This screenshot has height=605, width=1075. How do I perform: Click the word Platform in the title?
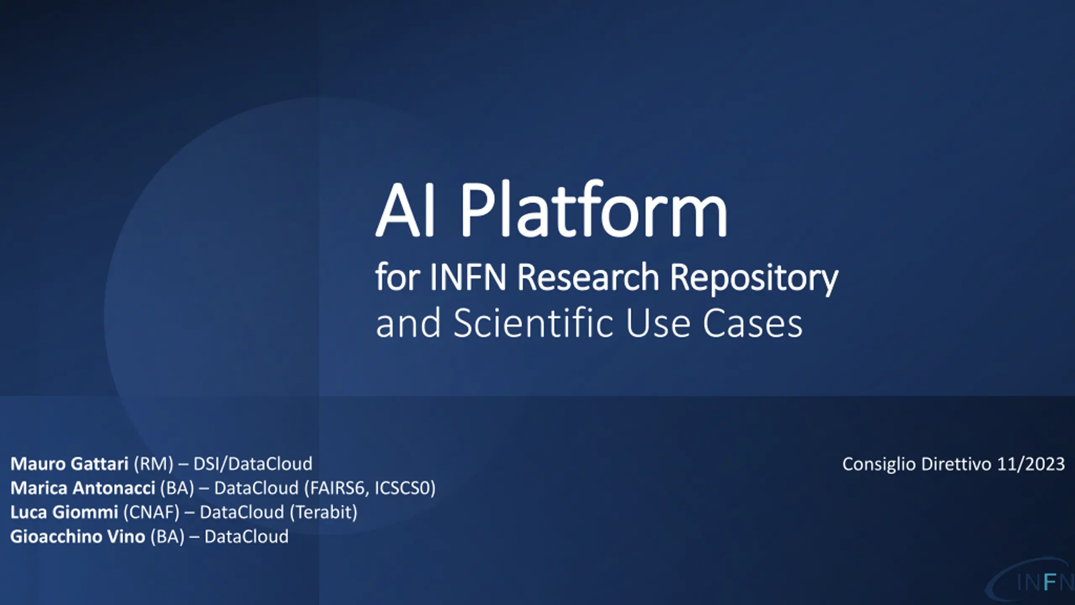(x=594, y=209)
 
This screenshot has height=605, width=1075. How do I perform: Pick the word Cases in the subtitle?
(x=752, y=324)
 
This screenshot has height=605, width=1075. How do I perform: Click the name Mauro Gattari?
(x=69, y=464)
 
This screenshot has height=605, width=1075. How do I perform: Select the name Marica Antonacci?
(x=83, y=488)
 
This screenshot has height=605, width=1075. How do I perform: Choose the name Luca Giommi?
(x=64, y=512)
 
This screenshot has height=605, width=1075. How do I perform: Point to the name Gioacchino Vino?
(x=78, y=537)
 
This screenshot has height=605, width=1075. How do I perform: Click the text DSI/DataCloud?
(x=253, y=464)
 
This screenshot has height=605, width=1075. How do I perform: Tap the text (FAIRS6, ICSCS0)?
(x=370, y=488)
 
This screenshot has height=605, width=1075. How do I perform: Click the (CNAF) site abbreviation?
(x=151, y=513)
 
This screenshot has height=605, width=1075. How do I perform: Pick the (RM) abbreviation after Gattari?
(x=153, y=464)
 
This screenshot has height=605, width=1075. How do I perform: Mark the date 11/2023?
(x=1031, y=464)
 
